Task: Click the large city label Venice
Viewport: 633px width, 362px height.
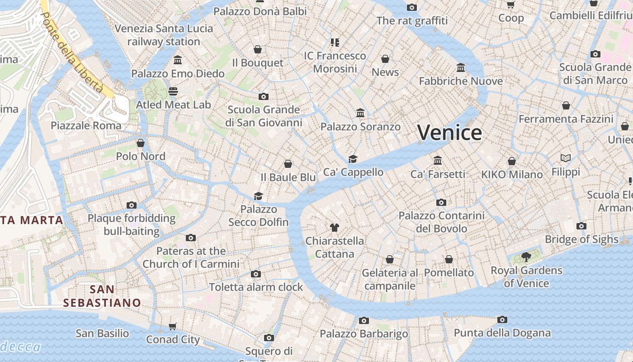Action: tap(449, 133)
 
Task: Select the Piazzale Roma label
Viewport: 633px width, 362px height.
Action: tap(86, 125)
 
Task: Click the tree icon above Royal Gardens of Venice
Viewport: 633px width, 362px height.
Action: tap(526, 257)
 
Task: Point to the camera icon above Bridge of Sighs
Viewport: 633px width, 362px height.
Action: tap(581, 226)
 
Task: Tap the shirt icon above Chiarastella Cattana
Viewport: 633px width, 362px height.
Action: tap(334, 227)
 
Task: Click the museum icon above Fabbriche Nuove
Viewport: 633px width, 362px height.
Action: tap(461, 67)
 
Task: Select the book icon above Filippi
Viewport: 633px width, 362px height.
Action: tap(566, 158)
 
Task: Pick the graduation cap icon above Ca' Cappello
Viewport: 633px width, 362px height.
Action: tap(353, 159)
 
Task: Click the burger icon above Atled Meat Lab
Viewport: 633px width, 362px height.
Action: tap(173, 91)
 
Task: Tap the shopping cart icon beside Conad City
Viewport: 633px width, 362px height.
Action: tap(172, 326)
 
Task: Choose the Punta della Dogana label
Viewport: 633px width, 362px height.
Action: tap(502, 333)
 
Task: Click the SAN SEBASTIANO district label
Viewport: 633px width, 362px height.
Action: tap(102, 296)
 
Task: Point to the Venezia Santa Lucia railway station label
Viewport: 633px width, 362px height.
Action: tap(164, 35)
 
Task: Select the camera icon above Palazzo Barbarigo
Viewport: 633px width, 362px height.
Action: tap(364, 320)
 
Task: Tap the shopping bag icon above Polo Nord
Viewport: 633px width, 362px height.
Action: tap(141, 143)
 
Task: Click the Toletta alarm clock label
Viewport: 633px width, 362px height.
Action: tap(256, 287)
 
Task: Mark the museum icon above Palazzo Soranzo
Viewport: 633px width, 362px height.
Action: tap(360, 113)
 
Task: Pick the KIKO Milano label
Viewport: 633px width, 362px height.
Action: tap(512, 174)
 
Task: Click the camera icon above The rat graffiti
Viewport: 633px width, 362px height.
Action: tap(411, 7)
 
